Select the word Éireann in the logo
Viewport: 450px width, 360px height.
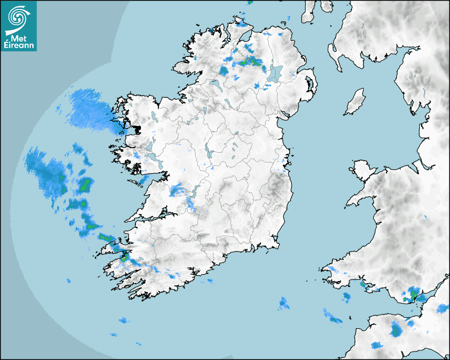pyautogui.click(x=19, y=46)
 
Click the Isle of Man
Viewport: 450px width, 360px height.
pyautogui.click(x=355, y=102)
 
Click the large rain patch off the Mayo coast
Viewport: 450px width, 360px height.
pyautogui.click(x=90, y=109)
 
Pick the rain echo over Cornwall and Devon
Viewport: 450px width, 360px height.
pyautogui.click(x=396, y=329)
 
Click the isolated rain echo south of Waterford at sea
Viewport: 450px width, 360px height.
pyautogui.click(x=284, y=303)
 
